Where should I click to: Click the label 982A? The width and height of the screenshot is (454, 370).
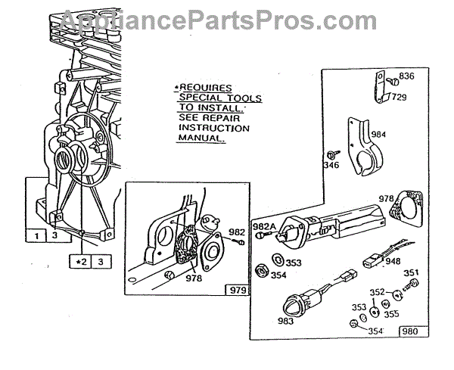click(x=264, y=226)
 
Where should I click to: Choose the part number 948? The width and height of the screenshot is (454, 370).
click(x=393, y=263)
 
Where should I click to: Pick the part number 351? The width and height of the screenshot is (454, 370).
click(x=411, y=274)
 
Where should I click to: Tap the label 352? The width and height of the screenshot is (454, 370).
click(x=377, y=292)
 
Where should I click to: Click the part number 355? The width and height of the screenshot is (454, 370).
click(x=392, y=312)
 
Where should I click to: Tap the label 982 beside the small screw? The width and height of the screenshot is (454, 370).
click(x=237, y=232)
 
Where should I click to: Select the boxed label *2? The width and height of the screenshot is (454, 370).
click(x=80, y=262)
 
